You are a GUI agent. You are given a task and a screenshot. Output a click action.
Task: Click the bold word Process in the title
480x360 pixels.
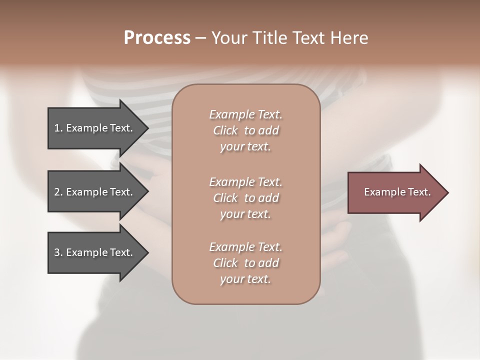pyautogui.click(x=157, y=38)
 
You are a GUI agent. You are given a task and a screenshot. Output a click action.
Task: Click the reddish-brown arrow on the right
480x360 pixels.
pyautogui.click(x=395, y=192)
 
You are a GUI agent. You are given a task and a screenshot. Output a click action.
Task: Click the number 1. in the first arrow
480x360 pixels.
pyautogui.click(x=58, y=128)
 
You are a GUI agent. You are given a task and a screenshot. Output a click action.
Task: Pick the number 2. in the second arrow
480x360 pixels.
pyautogui.click(x=58, y=192)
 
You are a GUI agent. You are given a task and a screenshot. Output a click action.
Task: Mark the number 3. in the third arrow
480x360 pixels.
pyautogui.click(x=58, y=252)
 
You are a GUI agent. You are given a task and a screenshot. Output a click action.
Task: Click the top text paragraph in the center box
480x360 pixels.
pyautogui.click(x=245, y=130)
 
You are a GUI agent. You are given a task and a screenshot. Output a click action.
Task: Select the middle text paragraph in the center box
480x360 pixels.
pyautogui.click(x=245, y=198)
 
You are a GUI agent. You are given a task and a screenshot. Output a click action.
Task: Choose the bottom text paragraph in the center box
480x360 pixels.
pyautogui.click(x=245, y=263)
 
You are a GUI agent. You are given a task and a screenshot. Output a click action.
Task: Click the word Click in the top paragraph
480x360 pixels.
pyautogui.click(x=225, y=130)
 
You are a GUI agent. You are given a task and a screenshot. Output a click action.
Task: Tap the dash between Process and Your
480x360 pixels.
pyautogui.click(x=200, y=38)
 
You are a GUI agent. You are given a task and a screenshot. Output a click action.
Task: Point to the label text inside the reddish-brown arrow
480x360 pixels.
pyautogui.click(x=397, y=192)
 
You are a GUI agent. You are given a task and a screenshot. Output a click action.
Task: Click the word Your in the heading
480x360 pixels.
pyautogui.click(x=229, y=38)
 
